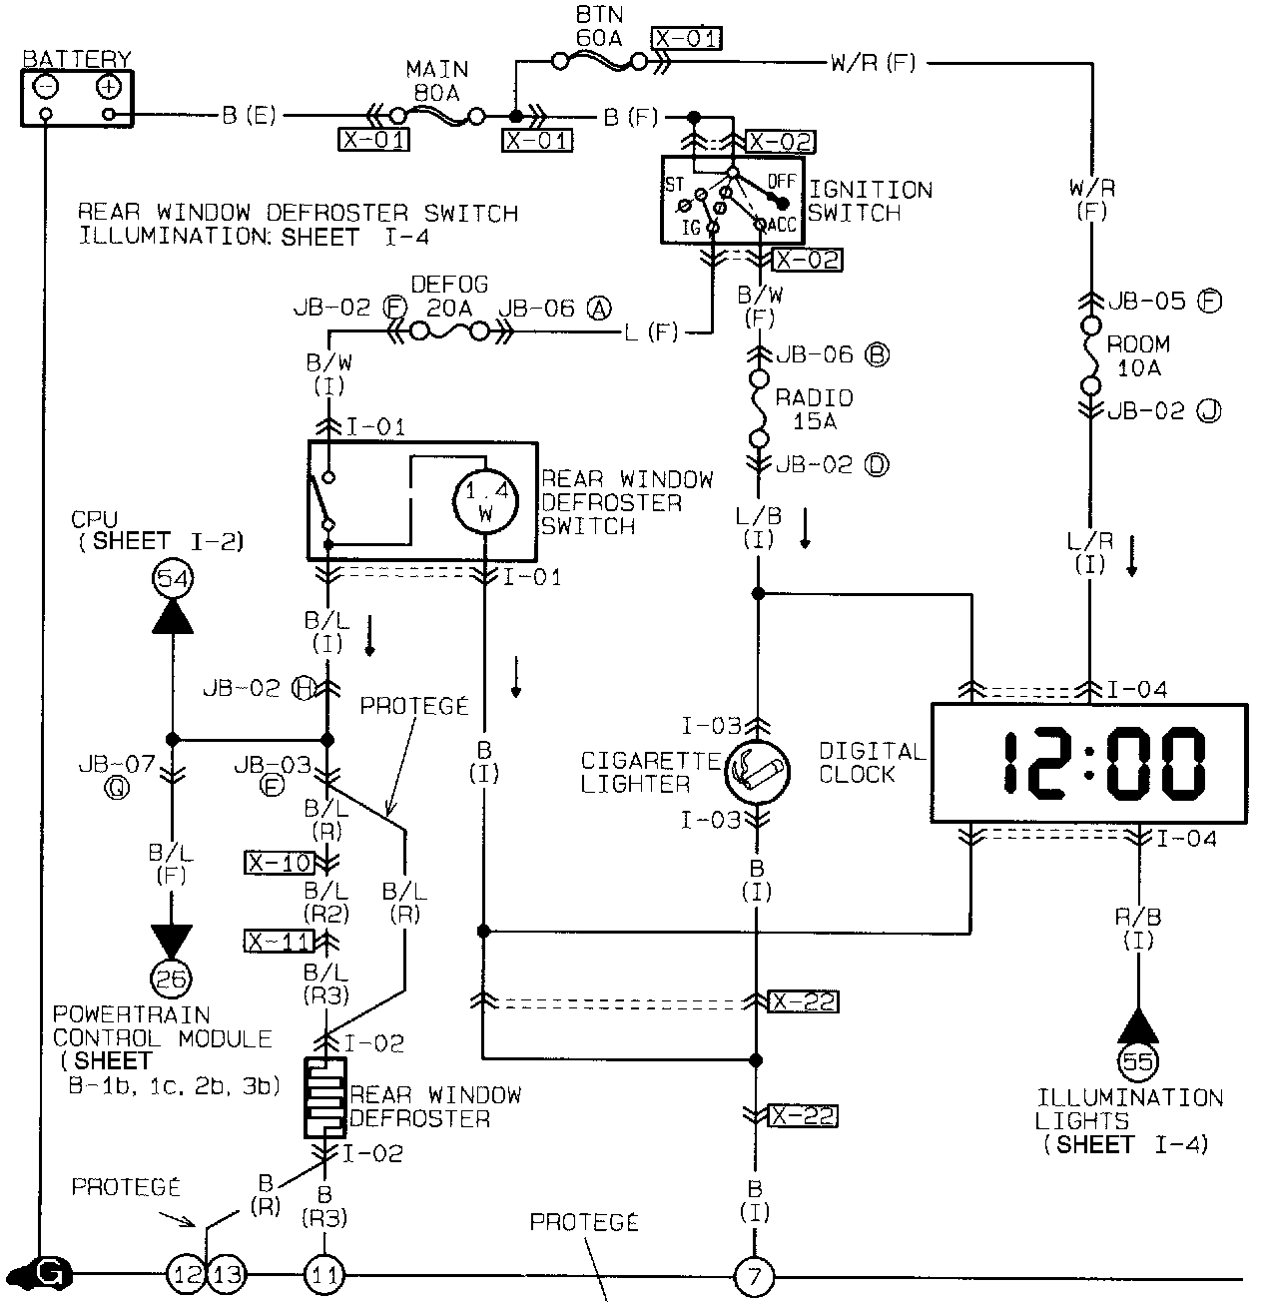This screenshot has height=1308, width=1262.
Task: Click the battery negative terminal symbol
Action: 46,87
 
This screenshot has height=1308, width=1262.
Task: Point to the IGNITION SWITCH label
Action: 870,201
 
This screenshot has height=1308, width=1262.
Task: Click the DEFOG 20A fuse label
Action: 449,297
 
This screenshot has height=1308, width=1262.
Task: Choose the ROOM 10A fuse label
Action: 1138,355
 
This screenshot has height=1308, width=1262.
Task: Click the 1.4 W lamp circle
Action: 485,502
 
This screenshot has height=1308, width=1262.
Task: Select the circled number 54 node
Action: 172,578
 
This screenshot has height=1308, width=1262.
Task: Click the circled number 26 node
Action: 172,979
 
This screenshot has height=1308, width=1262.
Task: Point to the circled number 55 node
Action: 1138,1061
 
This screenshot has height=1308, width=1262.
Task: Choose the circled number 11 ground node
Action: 325,1275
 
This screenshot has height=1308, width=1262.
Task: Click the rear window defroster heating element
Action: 325,1098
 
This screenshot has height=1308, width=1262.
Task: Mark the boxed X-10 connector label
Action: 280,863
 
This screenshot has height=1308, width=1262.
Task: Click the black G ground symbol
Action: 50,1273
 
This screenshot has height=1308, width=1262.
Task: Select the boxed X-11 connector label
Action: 280,941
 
